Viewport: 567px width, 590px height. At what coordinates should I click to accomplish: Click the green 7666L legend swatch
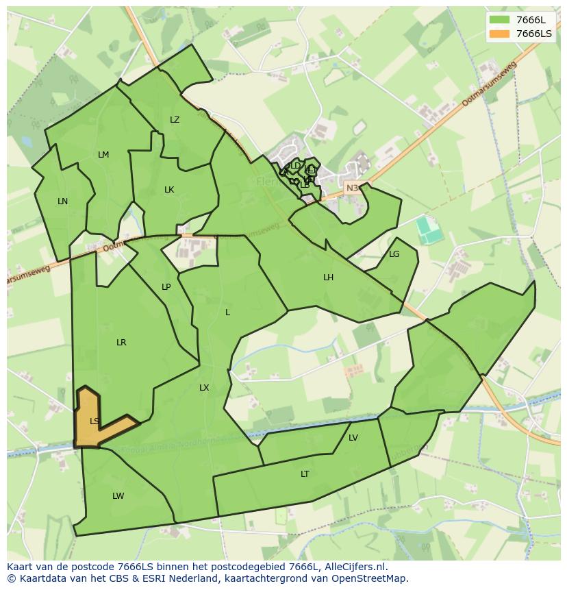point(499,20)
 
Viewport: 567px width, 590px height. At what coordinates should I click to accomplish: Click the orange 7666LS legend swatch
point(499,34)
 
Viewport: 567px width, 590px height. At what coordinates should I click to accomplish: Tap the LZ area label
point(175,120)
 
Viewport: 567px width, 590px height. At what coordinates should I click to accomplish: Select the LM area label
point(103,155)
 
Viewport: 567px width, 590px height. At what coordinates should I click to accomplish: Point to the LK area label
point(169,190)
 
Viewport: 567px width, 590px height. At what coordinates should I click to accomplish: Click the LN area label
point(62,201)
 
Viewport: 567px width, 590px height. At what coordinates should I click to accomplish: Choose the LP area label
point(166,287)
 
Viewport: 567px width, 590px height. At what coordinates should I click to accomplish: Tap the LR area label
point(121,343)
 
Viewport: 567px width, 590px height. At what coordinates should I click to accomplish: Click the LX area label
point(204,388)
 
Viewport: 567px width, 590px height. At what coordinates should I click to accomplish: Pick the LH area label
point(329,278)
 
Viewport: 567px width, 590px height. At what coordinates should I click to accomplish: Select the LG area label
point(394,254)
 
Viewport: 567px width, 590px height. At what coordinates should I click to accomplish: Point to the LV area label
point(353,438)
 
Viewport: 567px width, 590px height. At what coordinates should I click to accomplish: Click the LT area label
point(305,474)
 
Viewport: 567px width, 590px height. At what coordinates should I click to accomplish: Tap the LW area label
point(118,496)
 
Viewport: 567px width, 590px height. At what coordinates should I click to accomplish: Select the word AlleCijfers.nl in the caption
point(352,567)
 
